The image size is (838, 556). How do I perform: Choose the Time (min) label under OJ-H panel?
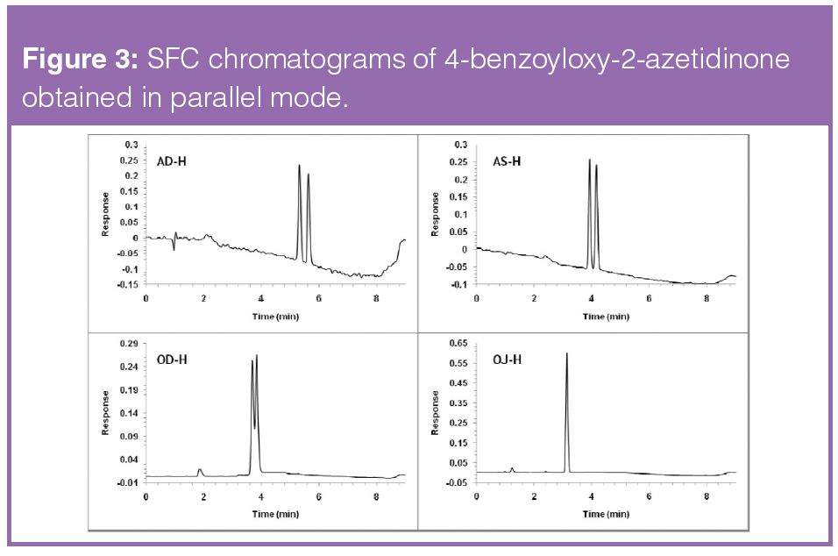(606, 511)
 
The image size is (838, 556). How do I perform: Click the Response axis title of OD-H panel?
(105, 412)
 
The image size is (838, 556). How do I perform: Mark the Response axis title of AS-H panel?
(436, 215)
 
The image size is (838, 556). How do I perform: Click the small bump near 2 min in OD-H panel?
(200, 471)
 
